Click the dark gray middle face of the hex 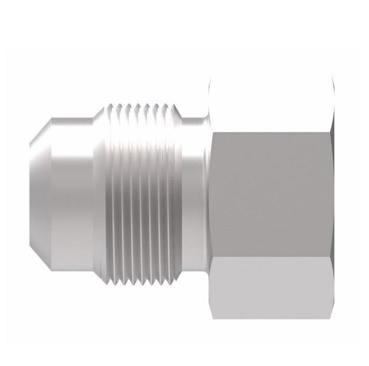(x=271, y=192)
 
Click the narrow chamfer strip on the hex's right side (x=334, y=192)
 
